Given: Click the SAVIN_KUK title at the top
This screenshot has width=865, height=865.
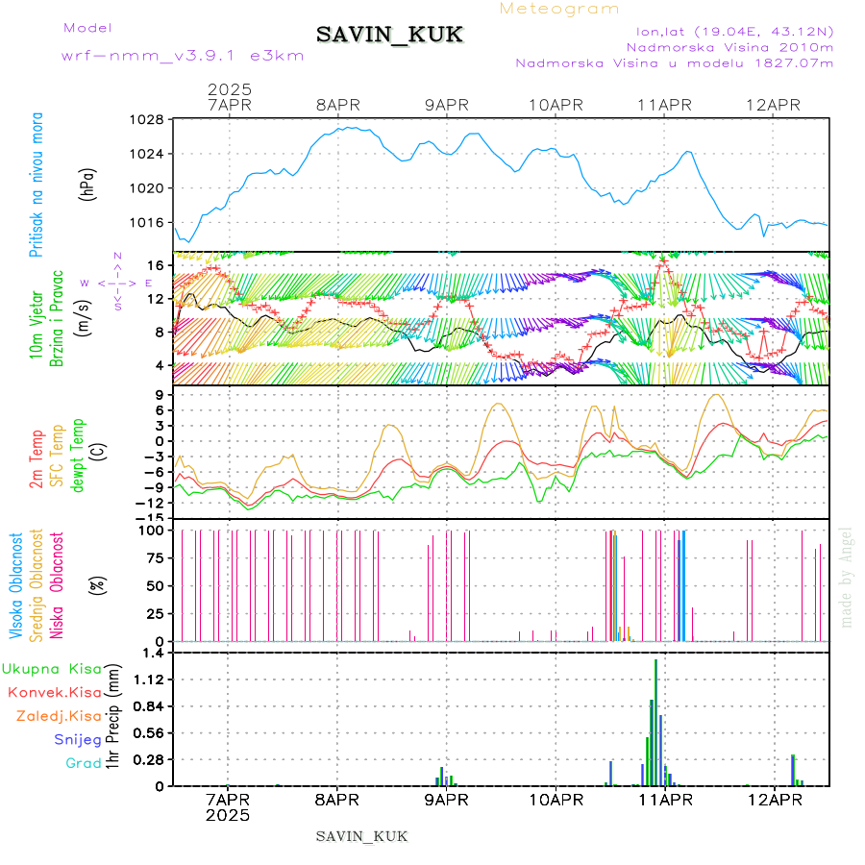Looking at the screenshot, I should tap(389, 36).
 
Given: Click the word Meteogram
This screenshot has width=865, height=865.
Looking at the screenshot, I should tap(560, 9).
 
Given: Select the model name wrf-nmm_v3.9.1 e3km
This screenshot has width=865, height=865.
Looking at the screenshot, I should tap(183, 55).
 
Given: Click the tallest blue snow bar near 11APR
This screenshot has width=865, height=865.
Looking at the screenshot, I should tap(655, 721).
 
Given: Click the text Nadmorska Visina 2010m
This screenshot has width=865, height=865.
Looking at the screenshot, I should tap(729, 47).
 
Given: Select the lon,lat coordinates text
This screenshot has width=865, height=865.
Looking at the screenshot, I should tap(729, 31).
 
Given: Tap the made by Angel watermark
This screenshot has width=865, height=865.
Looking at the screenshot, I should tap(847, 577).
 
